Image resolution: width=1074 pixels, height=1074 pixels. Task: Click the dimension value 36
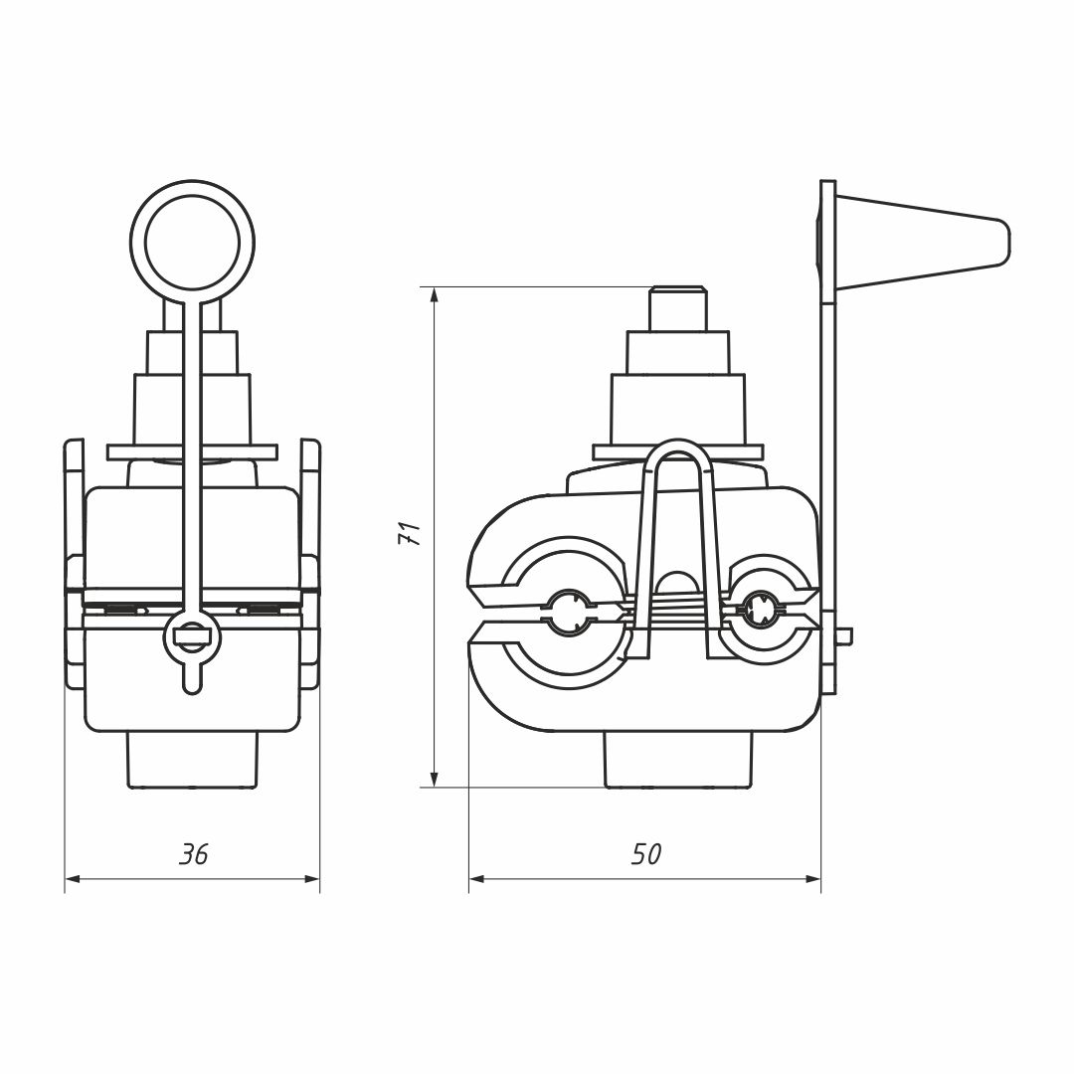pos(193,854)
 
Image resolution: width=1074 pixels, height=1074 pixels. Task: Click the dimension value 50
pos(646,854)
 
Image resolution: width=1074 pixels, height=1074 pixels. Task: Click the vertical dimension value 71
pos(409,533)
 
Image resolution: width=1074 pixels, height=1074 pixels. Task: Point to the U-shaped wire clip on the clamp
pos(676,548)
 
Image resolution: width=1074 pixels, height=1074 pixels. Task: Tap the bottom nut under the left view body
pos(193,761)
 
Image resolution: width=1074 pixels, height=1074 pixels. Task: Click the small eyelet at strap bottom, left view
pos(193,637)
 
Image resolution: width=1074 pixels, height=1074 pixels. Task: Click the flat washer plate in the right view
pos(677,452)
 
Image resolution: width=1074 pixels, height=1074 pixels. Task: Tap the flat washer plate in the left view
pos(193,452)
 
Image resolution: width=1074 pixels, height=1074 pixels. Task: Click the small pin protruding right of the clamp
pos(844,636)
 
